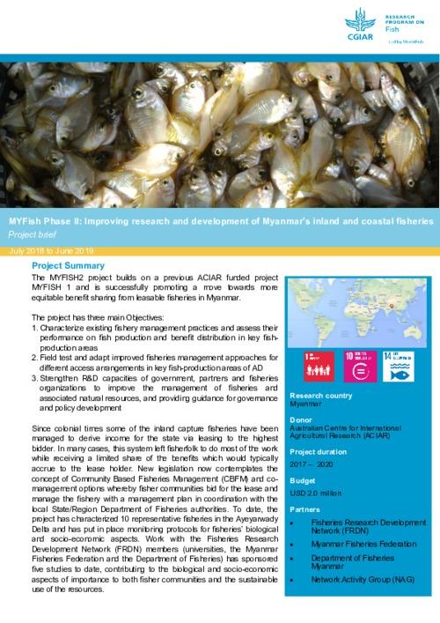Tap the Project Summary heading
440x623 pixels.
[x=68, y=265]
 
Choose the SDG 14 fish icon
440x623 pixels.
[x=407, y=367]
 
